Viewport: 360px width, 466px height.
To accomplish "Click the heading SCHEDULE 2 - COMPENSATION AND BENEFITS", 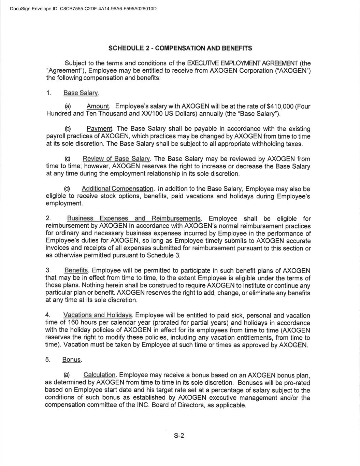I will click(x=180, y=48).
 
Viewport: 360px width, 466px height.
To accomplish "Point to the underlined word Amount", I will click(x=98, y=107).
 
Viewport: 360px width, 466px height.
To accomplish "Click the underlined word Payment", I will click(x=99, y=129).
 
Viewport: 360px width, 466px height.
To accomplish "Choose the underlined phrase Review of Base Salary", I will click(x=116, y=159).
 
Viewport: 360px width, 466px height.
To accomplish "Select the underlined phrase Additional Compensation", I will click(x=117, y=189).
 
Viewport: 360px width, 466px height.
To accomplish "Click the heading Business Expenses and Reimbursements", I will click(x=134, y=218).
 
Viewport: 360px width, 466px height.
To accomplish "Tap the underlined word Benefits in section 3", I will click(x=76, y=270).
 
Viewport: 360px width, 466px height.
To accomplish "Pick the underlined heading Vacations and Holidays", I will click(x=98, y=315).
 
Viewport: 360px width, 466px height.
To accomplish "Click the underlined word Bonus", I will click(x=72, y=360).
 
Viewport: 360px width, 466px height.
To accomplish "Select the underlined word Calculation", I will click(x=100, y=375).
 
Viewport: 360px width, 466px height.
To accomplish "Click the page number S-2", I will click(x=179, y=436).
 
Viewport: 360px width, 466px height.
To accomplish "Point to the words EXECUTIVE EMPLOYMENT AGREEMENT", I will click(x=243, y=63).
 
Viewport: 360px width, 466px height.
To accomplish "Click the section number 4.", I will click(x=48, y=315).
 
